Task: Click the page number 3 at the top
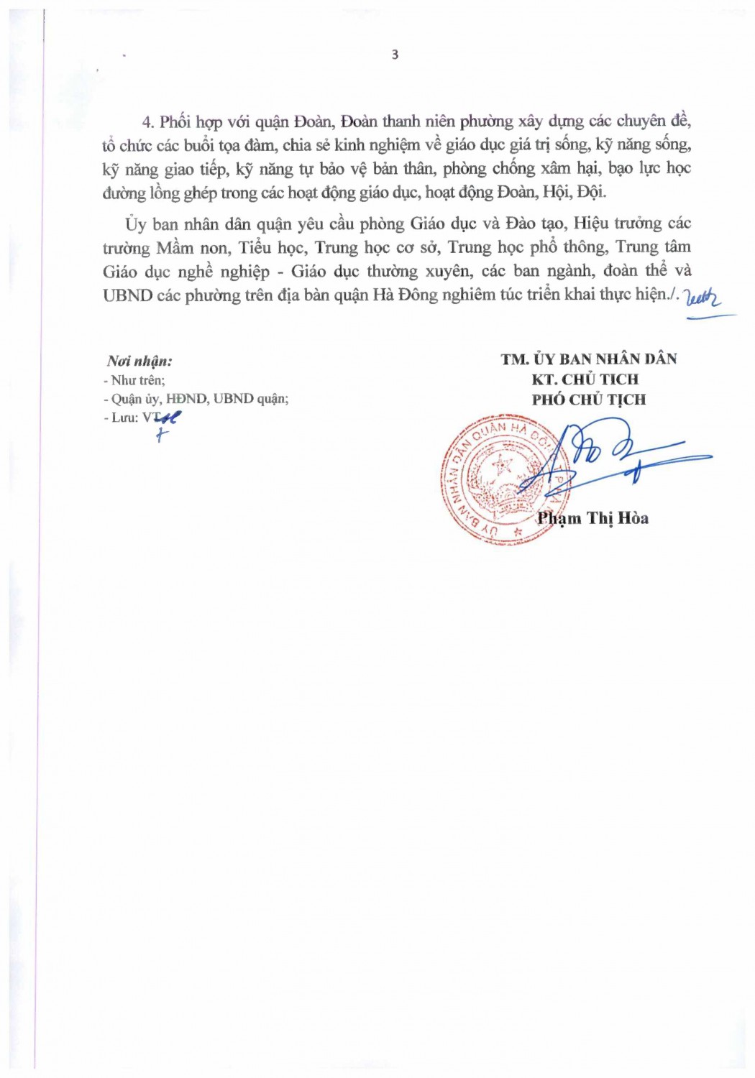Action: tap(395, 55)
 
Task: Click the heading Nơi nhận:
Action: tap(139, 361)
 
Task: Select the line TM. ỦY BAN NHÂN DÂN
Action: tap(589, 359)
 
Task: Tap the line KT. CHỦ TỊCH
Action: tap(585, 379)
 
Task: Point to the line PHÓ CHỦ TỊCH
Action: tap(589, 399)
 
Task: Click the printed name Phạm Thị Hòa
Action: tap(592, 517)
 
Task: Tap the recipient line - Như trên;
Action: tap(134, 380)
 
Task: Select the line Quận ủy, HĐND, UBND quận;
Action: tap(199, 399)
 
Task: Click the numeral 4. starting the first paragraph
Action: tap(148, 121)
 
